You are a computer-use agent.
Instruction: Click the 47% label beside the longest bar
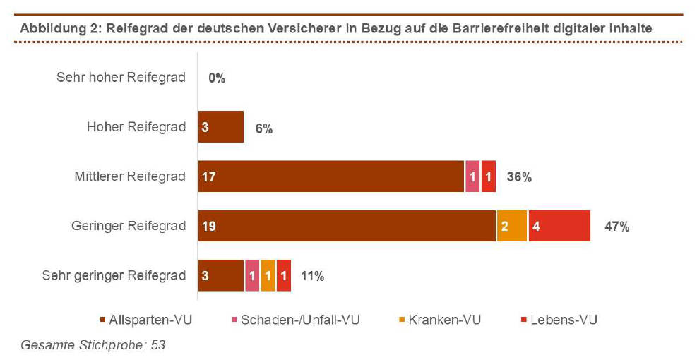coord(616,227)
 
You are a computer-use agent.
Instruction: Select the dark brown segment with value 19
coord(347,227)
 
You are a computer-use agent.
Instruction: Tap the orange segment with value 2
coord(512,227)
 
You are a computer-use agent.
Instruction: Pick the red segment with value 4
coord(559,227)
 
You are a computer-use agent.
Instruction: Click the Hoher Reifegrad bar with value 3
coord(220,127)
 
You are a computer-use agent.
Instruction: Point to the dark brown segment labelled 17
coord(330,176)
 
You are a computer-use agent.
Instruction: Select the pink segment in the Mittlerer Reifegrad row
coord(472,176)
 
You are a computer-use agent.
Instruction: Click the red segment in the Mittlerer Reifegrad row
coord(488,176)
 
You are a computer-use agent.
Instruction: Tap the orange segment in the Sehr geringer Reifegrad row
coord(268,276)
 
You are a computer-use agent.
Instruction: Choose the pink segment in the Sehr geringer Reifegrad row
coord(251,276)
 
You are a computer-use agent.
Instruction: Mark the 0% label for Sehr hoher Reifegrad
coord(216,78)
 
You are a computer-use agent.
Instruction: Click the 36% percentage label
coord(519,176)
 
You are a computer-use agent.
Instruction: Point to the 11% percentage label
coord(312,276)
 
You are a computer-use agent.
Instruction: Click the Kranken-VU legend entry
coord(435,320)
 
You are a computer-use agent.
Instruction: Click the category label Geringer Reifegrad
coord(129,227)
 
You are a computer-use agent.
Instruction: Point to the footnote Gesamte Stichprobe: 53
coord(93,346)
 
